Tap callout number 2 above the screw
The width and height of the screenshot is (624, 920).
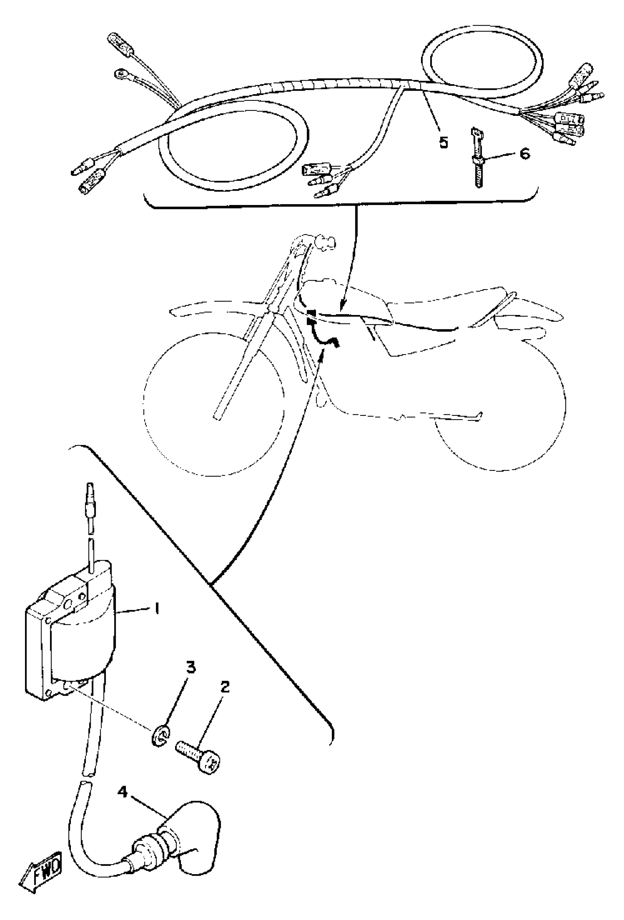point(224,688)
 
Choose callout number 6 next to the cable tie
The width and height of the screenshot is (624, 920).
point(524,153)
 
